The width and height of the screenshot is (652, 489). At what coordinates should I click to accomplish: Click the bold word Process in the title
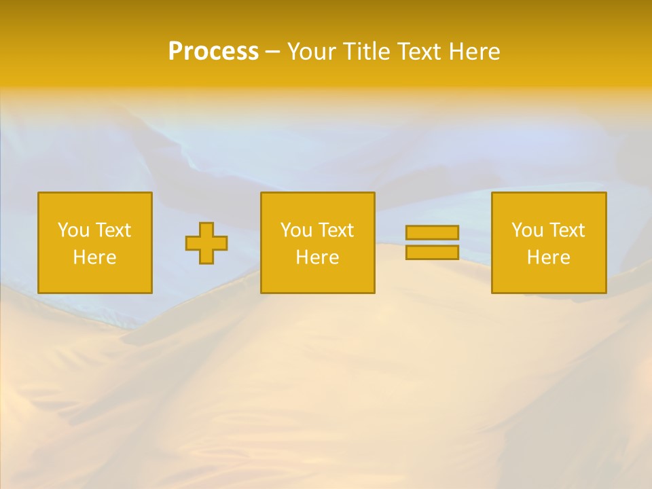tap(213, 52)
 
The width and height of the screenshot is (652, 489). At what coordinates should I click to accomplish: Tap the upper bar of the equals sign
tap(432, 233)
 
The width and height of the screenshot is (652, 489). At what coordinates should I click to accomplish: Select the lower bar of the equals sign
tap(432, 252)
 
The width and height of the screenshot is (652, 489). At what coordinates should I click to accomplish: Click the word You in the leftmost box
tap(73, 230)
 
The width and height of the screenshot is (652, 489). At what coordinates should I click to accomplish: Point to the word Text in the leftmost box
tap(112, 230)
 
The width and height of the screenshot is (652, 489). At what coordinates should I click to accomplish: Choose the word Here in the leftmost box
tap(94, 257)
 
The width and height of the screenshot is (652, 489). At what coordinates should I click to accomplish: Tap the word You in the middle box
tap(296, 230)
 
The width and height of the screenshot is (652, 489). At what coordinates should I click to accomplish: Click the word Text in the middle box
tap(335, 230)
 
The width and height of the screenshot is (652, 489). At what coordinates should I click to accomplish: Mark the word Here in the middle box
tap(317, 257)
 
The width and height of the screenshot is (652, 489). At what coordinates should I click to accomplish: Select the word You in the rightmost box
tap(527, 230)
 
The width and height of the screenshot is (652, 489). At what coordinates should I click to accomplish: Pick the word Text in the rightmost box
tap(566, 230)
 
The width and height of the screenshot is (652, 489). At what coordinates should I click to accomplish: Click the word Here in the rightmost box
tap(548, 257)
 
